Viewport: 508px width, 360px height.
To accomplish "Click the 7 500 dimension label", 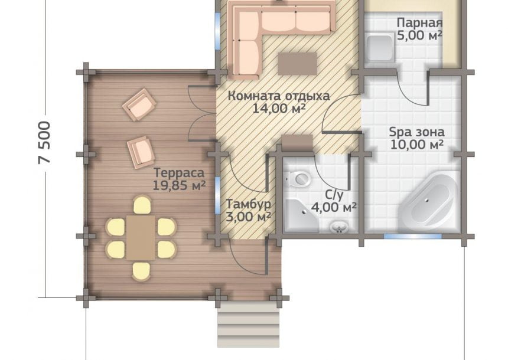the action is click(x=45, y=142).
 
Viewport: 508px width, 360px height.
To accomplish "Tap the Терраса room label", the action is click(x=179, y=172).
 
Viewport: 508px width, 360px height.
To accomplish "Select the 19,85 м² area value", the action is click(x=179, y=185).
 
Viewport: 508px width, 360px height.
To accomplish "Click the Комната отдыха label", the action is click(x=279, y=96).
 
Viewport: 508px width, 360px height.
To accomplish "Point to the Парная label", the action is click(x=419, y=23).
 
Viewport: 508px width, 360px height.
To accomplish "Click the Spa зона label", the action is click(x=416, y=132).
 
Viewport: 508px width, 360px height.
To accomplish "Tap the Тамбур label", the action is click(x=248, y=204).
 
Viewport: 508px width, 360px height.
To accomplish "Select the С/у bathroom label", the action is click(x=334, y=194).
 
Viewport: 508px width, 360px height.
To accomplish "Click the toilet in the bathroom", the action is click(x=299, y=178).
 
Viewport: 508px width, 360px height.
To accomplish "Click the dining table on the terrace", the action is click(x=141, y=238).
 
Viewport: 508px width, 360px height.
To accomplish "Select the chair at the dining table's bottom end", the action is click(x=141, y=271).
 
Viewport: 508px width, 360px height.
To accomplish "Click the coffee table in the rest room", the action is click(x=297, y=64).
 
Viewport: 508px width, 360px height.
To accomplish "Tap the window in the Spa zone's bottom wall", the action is click(x=413, y=236).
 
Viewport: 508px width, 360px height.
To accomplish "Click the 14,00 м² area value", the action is click(x=279, y=108).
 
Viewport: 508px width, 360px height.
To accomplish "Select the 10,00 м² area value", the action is click(x=416, y=145).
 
